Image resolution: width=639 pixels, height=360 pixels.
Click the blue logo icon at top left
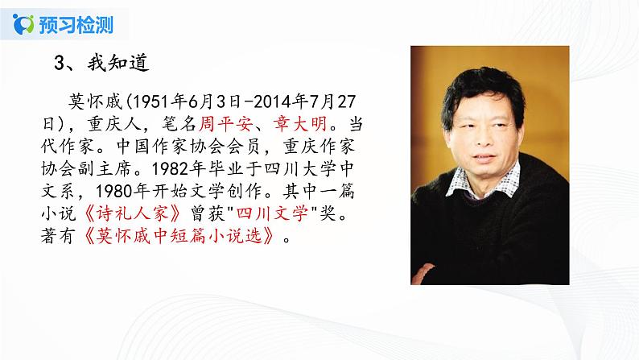pos(23,23)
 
